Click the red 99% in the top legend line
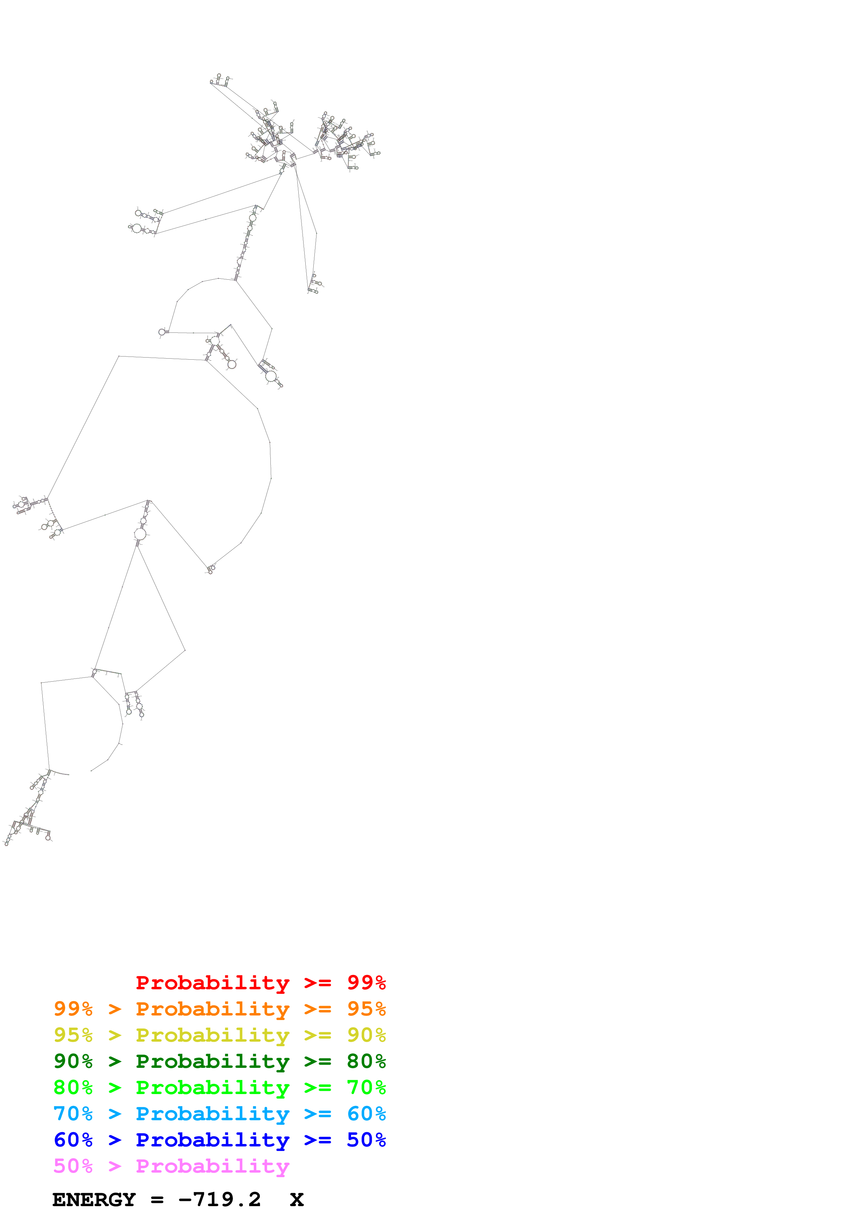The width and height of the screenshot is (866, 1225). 366,982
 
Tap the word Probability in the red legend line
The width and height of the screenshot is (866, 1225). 212,982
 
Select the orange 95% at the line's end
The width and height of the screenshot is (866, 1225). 366,1008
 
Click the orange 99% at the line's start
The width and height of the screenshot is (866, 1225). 73,1008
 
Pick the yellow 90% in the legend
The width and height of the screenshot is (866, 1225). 366,1035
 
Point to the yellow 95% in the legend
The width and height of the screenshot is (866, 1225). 73,1035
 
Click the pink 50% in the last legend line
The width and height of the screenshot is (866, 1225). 73,1165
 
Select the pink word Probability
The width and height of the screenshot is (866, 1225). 212,1165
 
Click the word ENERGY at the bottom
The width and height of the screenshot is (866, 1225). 94,1200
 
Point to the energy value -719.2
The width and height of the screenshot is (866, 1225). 219,1200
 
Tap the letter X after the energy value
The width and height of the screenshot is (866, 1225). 297,1200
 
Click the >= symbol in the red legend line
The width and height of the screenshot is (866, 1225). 318,982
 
